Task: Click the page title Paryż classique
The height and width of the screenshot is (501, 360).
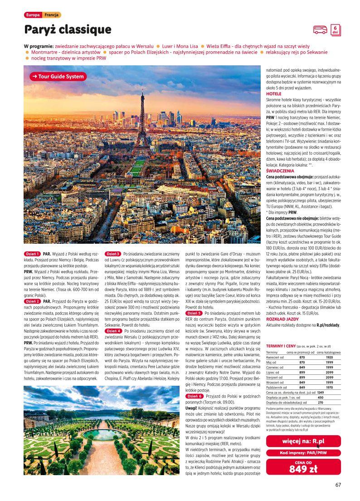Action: coord(68,30)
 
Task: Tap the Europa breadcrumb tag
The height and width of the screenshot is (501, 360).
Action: coord(33,15)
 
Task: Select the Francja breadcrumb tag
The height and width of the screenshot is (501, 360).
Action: coord(52,15)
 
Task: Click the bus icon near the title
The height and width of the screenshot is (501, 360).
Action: coord(320,30)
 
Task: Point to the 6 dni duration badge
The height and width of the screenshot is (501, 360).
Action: coord(335,29)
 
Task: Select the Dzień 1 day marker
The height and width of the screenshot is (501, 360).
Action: coord(32,253)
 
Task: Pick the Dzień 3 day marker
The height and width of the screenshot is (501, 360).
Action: coord(113,253)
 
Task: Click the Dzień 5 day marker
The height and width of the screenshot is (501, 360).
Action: coord(194,313)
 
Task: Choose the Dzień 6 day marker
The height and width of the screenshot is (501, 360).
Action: coord(194,396)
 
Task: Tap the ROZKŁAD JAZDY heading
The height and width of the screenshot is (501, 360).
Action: coord(282,319)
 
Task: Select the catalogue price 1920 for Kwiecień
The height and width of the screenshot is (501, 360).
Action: coord(329,358)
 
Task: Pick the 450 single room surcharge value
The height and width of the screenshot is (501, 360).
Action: coord(320,397)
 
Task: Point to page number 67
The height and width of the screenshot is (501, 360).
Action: coord(338,484)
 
